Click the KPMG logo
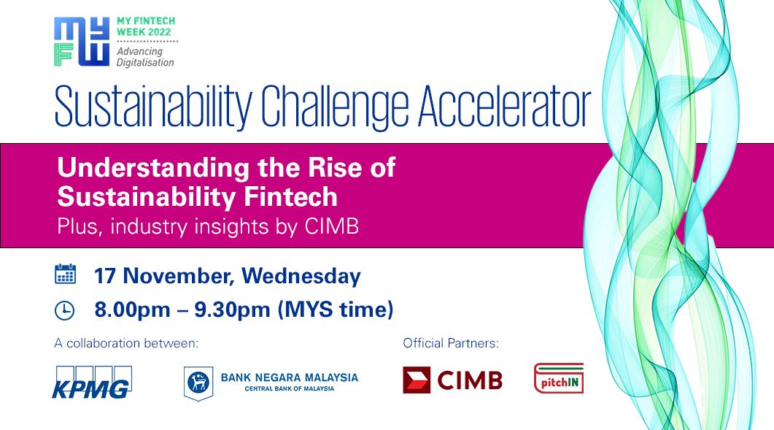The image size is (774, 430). [x=92, y=383]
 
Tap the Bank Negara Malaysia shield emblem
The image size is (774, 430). [x=198, y=383]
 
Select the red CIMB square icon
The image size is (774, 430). [x=417, y=380]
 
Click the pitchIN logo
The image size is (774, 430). [x=559, y=378]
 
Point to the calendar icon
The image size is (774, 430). [x=65, y=274]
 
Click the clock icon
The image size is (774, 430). [x=65, y=310]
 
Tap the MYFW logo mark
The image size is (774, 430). [x=82, y=42]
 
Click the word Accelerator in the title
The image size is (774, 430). [x=504, y=107]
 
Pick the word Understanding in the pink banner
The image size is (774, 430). [x=153, y=168]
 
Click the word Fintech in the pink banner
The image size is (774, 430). [x=291, y=196]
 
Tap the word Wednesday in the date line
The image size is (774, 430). [x=301, y=276]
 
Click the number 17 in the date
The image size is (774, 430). [x=105, y=276]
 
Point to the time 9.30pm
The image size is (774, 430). [x=232, y=310]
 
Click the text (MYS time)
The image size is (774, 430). [x=336, y=310]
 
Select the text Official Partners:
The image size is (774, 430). [x=451, y=343]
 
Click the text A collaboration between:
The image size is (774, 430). [x=126, y=343]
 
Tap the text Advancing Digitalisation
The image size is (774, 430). [x=145, y=57]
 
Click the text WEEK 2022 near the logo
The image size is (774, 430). [x=144, y=32]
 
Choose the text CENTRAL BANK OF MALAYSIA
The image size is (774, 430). [x=290, y=389]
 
